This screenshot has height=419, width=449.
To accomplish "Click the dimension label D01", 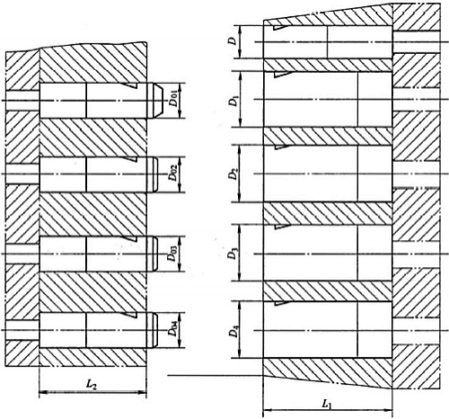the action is (x=173, y=101).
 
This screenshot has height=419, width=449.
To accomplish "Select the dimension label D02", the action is (x=173, y=174).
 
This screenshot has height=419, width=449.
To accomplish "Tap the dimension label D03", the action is (x=173, y=254).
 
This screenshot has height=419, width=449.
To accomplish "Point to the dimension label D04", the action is (x=173, y=329).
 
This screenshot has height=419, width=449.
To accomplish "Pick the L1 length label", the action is (x=327, y=405).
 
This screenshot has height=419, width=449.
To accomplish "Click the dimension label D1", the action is (x=233, y=101).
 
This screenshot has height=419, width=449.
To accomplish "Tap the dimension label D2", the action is (x=233, y=174).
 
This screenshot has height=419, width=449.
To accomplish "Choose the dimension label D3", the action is (x=233, y=254).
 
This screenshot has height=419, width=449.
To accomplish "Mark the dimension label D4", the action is (x=233, y=332).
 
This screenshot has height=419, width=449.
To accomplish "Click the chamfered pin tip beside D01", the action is (x=155, y=101).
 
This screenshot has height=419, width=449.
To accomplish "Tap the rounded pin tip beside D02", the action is (x=153, y=174).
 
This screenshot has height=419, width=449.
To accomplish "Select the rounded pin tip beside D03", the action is (x=153, y=254).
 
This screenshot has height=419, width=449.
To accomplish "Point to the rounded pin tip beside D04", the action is (x=153, y=330).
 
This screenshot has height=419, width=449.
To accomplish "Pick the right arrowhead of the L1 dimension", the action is (x=388, y=410).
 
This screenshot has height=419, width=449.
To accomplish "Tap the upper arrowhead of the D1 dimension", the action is (x=242, y=76).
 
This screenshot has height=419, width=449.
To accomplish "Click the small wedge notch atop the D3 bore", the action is (x=282, y=227).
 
